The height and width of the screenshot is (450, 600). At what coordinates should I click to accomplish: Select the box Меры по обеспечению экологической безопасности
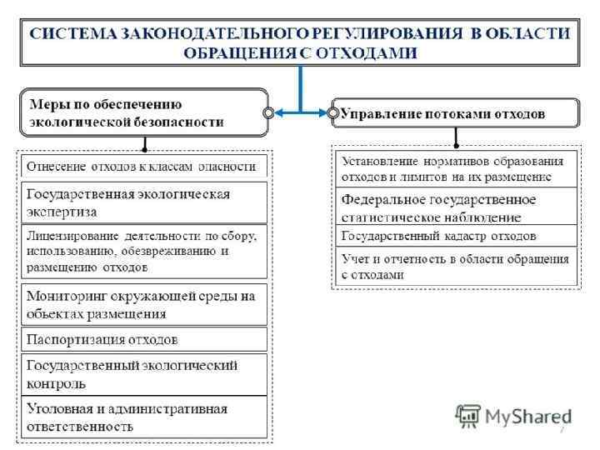(x=142, y=112)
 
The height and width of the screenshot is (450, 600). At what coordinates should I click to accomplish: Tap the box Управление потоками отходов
(x=454, y=112)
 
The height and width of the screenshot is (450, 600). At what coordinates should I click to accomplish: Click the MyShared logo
(x=513, y=416)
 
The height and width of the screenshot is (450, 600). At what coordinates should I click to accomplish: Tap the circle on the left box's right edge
(x=268, y=112)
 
